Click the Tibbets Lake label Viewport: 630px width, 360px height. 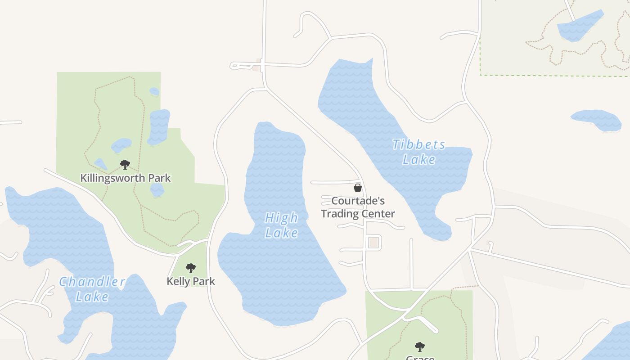418,152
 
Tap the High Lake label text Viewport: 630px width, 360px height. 281,225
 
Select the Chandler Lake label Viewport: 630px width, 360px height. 92,289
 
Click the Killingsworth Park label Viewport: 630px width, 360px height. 126,178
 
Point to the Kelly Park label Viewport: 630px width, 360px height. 191,282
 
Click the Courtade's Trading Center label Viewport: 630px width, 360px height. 358,207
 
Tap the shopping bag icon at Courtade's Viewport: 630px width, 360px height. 358,188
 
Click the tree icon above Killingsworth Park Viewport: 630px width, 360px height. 125,165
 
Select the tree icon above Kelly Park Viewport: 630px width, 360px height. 191,268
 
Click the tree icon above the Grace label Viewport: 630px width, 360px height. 420,346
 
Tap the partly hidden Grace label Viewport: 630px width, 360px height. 420,358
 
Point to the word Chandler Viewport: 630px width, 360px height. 92,282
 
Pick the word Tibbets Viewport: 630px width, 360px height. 418,145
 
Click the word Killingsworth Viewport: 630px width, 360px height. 113,178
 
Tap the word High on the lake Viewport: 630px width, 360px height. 281,218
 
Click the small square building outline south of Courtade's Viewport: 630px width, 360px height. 373,243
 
